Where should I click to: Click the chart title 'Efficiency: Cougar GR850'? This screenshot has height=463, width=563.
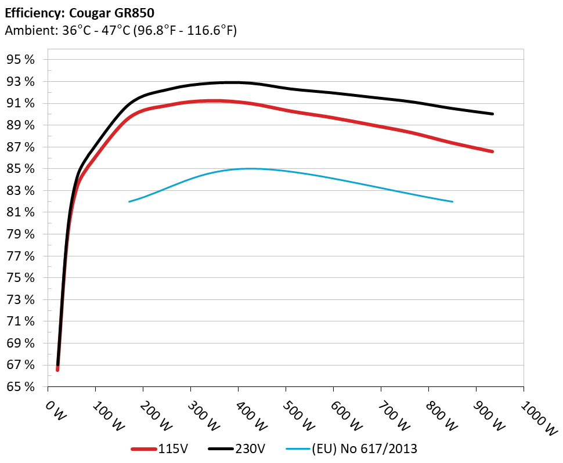click(x=80, y=13)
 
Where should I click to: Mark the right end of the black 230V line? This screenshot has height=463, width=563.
click(x=493, y=114)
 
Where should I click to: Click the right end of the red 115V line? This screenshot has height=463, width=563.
click(x=493, y=151)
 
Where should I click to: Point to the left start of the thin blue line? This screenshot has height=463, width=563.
click(x=129, y=201)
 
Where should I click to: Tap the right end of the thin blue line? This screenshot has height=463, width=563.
click(x=452, y=201)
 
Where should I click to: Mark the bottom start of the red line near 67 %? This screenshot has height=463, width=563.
click(x=57, y=369)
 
